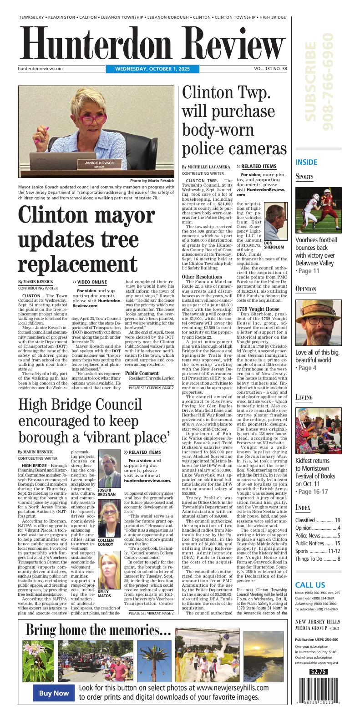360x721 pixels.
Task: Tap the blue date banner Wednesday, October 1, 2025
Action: [x=152, y=69]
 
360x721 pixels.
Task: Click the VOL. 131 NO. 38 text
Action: [x=271, y=69]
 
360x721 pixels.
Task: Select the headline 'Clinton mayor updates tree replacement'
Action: [x=86, y=239]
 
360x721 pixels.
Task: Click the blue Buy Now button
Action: [x=54, y=693]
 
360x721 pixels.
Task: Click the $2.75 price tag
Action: [x=318, y=671]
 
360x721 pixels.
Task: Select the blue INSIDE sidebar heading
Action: [x=306, y=162]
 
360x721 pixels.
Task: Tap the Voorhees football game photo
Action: [x=318, y=210]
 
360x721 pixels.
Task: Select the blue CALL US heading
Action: [x=310, y=585]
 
